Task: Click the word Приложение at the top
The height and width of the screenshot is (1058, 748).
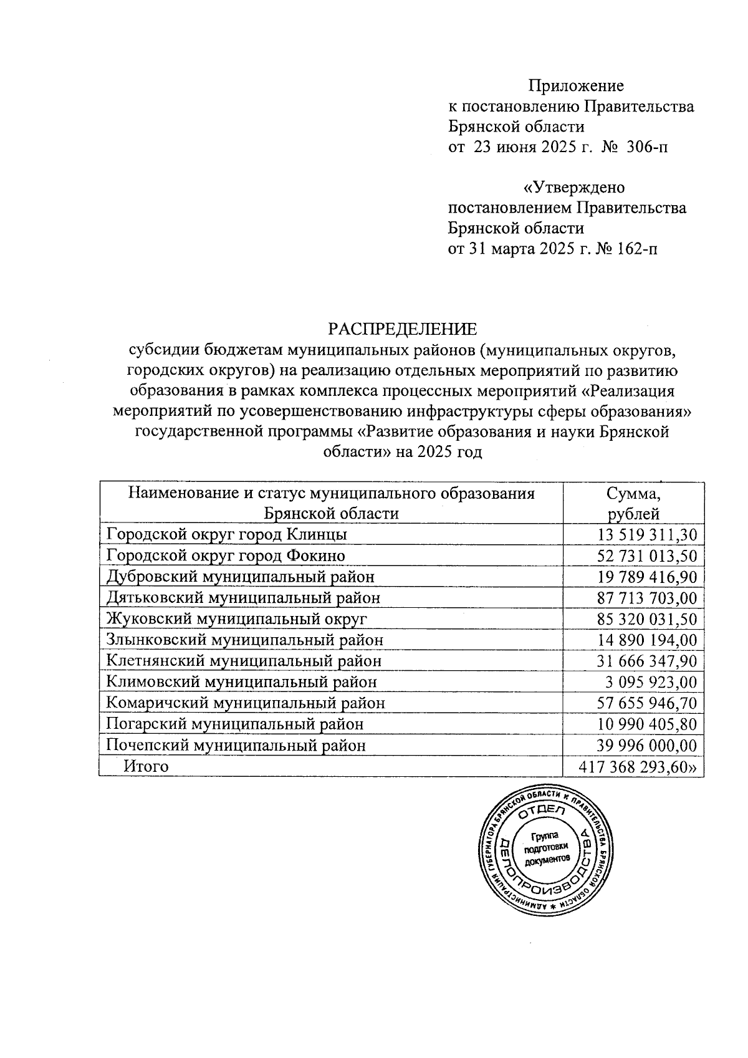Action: pos(576,86)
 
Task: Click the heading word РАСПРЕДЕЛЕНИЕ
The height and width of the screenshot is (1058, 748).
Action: pos(402,329)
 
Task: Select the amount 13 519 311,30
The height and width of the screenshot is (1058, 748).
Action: pos(647,535)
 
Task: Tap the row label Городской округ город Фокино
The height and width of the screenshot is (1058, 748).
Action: pos(226,555)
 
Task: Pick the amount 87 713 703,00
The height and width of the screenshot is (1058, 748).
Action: pos(647,599)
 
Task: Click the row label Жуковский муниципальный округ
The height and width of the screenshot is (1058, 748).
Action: pos(237,619)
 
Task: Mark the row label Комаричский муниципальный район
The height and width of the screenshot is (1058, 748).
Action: pos(246,703)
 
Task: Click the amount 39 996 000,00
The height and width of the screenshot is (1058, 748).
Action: pos(647,746)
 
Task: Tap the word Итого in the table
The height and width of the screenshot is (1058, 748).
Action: pos(146,766)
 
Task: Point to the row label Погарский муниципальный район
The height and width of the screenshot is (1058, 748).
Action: pos(235,724)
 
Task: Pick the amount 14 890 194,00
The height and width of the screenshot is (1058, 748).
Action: pos(647,640)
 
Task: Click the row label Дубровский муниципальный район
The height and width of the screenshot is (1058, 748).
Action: pos(241,577)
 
